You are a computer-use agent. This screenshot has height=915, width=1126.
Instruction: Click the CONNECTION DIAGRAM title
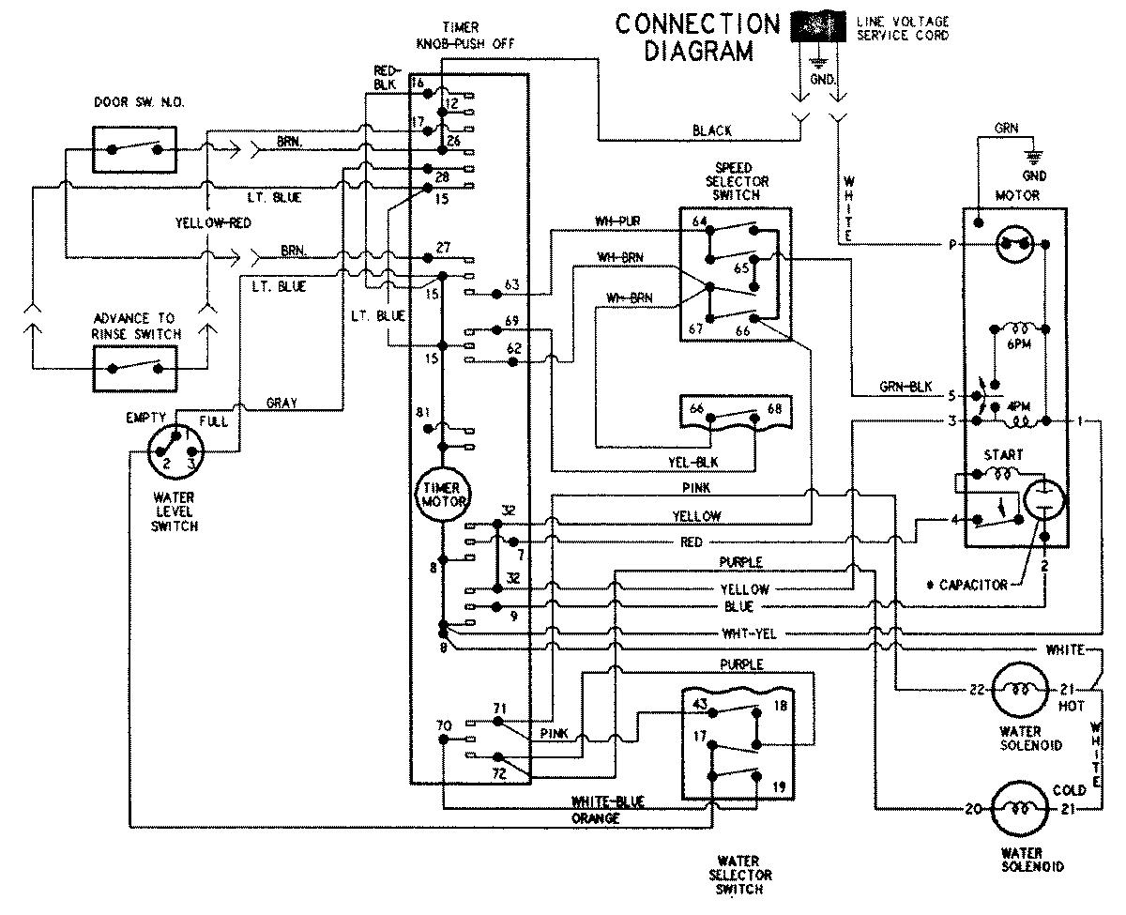(x=697, y=37)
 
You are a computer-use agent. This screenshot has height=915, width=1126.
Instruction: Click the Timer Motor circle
(x=441, y=496)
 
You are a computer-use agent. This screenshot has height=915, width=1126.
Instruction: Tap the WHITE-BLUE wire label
(x=607, y=801)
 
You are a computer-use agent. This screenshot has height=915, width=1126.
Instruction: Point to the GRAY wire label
(x=281, y=403)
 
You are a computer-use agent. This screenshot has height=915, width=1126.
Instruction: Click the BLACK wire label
(x=712, y=131)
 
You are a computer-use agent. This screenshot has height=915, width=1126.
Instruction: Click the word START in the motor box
(x=1003, y=455)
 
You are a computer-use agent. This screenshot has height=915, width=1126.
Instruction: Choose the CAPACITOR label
(x=972, y=585)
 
